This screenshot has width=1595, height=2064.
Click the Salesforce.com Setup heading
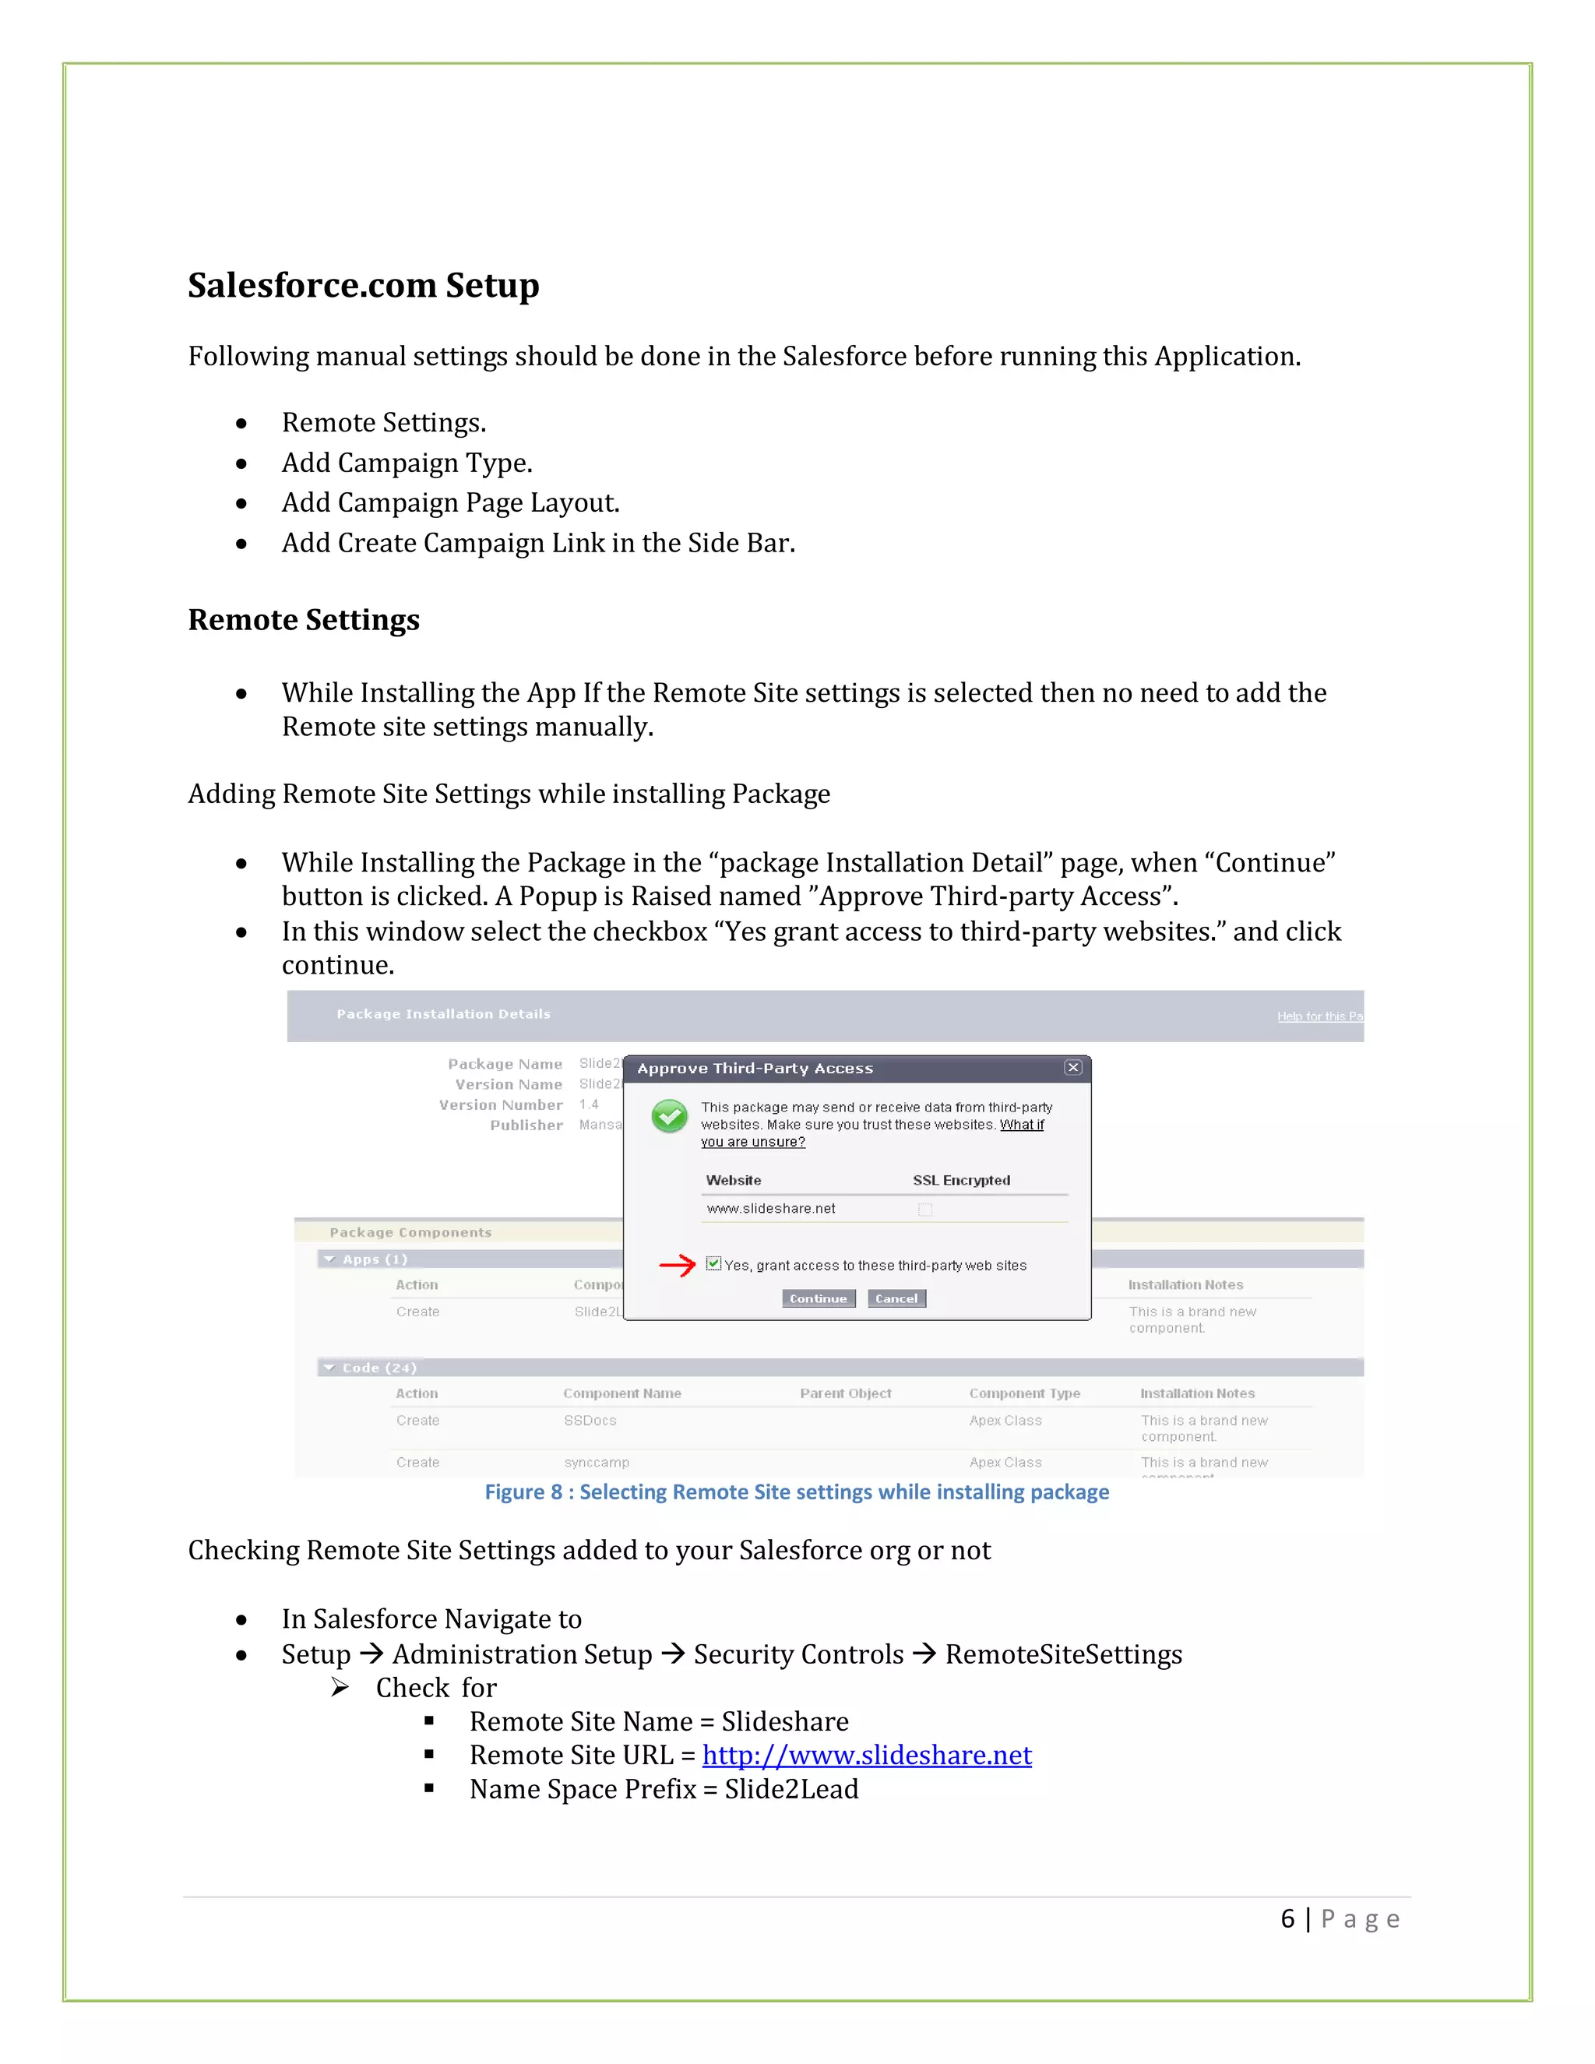click(363, 285)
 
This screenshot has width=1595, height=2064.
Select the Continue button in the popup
click(819, 1298)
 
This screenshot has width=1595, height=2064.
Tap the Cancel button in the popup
click(896, 1298)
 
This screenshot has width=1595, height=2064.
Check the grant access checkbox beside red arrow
click(713, 1263)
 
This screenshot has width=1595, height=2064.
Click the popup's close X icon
click(1072, 1067)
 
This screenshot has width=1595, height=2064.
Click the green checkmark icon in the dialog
click(669, 1117)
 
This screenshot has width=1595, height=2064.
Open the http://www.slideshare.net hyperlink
click(867, 1755)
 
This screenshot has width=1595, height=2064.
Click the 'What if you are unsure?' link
click(1022, 1125)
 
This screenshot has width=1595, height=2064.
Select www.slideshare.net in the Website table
click(771, 1209)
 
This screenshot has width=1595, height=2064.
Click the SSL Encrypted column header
click(961, 1180)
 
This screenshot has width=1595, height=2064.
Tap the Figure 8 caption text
click(797, 1492)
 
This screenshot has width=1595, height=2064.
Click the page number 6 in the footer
click(1287, 1919)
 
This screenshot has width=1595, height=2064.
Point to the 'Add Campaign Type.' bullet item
click(407, 463)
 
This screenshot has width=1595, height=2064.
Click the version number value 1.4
click(589, 1104)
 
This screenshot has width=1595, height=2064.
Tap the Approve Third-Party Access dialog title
click(755, 1069)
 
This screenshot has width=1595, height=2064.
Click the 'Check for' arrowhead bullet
click(340, 1687)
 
